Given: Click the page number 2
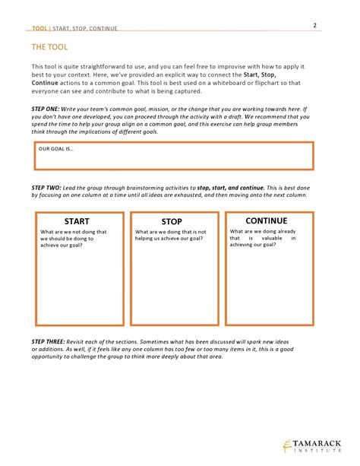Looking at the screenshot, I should coord(314,25).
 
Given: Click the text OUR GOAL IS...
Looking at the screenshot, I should coord(56,149).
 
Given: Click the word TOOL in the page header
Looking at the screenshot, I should coord(39,28).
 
